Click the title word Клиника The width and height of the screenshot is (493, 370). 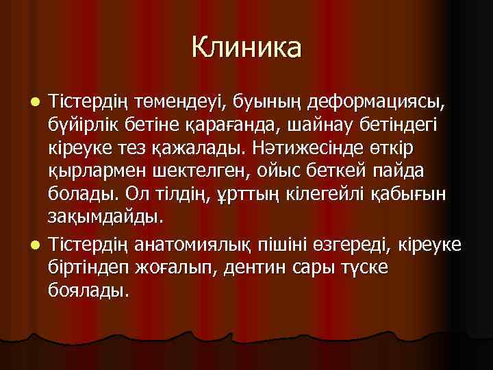click(246, 47)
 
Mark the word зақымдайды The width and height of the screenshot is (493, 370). click(105, 218)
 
